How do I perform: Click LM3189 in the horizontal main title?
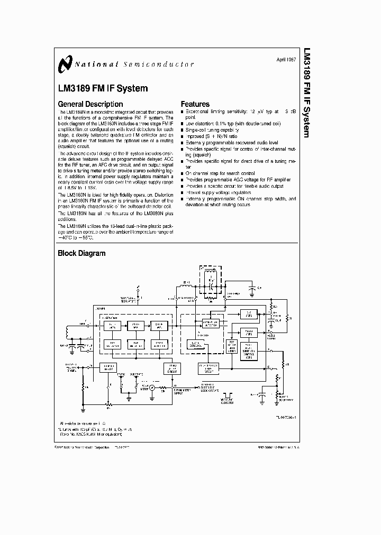[x=74, y=88]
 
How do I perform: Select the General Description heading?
[x=90, y=104]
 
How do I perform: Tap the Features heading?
[x=195, y=104]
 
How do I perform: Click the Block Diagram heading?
[x=81, y=253]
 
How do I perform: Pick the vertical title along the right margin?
[x=307, y=93]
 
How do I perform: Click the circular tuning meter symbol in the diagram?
[x=151, y=389]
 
